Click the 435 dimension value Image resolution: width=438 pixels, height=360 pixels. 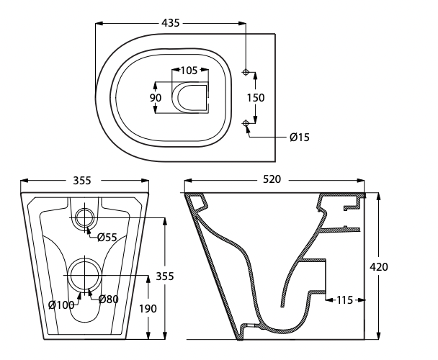click(171, 23)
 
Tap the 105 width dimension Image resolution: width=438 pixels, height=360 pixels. click(189, 71)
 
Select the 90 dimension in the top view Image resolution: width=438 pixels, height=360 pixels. click(156, 98)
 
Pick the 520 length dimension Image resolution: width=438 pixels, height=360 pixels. click(272, 179)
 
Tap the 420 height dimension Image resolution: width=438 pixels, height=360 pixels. click(379, 267)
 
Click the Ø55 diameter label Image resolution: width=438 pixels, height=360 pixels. click(107, 238)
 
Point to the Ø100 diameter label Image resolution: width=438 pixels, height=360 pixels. click(62, 305)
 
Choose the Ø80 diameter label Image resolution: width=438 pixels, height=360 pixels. click(108, 300)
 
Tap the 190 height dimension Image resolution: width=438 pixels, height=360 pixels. click(148, 309)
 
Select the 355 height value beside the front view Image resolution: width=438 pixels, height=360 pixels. click(165, 276)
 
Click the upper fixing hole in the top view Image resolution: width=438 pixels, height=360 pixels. click(246, 73)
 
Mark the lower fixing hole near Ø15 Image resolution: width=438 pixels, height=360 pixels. click(246, 124)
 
